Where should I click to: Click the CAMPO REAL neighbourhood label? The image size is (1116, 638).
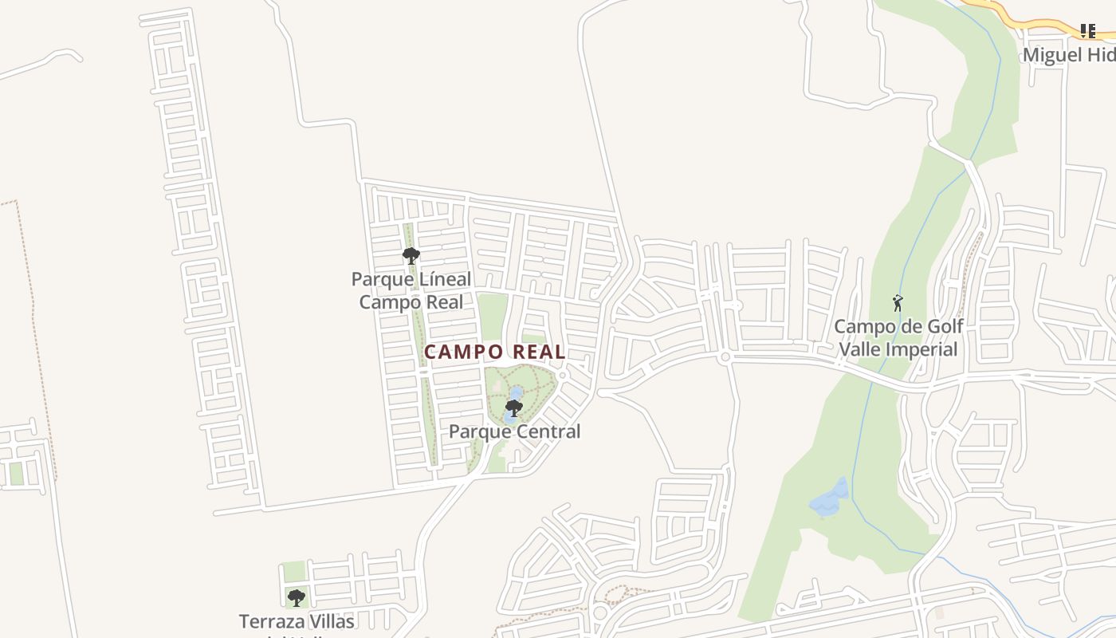tap(494, 352)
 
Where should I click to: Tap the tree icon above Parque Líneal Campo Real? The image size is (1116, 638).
tap(411, 256)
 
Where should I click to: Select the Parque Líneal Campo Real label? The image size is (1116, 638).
tap(411, 291)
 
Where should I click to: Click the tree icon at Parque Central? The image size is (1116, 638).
tap(514, 408)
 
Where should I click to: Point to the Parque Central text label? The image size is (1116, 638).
tap(514, 431)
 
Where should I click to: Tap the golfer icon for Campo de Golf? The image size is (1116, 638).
tap(898, 303)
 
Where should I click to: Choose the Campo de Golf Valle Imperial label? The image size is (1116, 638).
tap(898, 338)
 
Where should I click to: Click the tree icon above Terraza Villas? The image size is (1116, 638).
tap(297, 597)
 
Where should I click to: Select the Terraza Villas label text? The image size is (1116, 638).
tap(297, 621)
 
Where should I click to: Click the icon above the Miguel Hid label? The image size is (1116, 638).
tap(1087, 31)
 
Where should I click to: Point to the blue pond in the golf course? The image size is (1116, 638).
tap(829, 498)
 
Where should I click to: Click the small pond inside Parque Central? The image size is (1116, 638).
tap(516, 393)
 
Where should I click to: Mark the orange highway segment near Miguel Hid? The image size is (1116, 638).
tap(1028, 19)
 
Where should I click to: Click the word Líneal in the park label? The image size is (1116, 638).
tap(439, 280)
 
